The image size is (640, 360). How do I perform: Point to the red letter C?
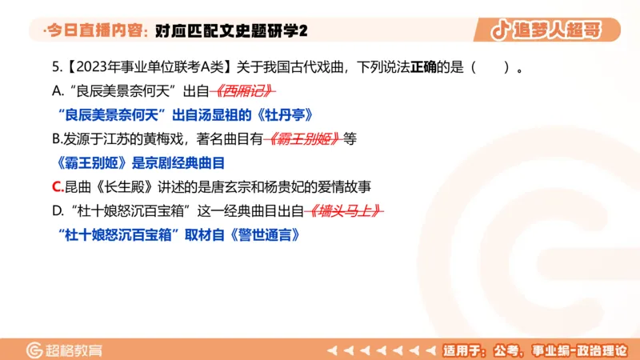click(57, 187)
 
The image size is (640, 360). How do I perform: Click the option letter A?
click(56, 90)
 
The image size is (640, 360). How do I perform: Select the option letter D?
click(57, 211)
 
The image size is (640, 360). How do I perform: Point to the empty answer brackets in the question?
click(490, 66)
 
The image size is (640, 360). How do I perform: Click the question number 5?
click(54, 66)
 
